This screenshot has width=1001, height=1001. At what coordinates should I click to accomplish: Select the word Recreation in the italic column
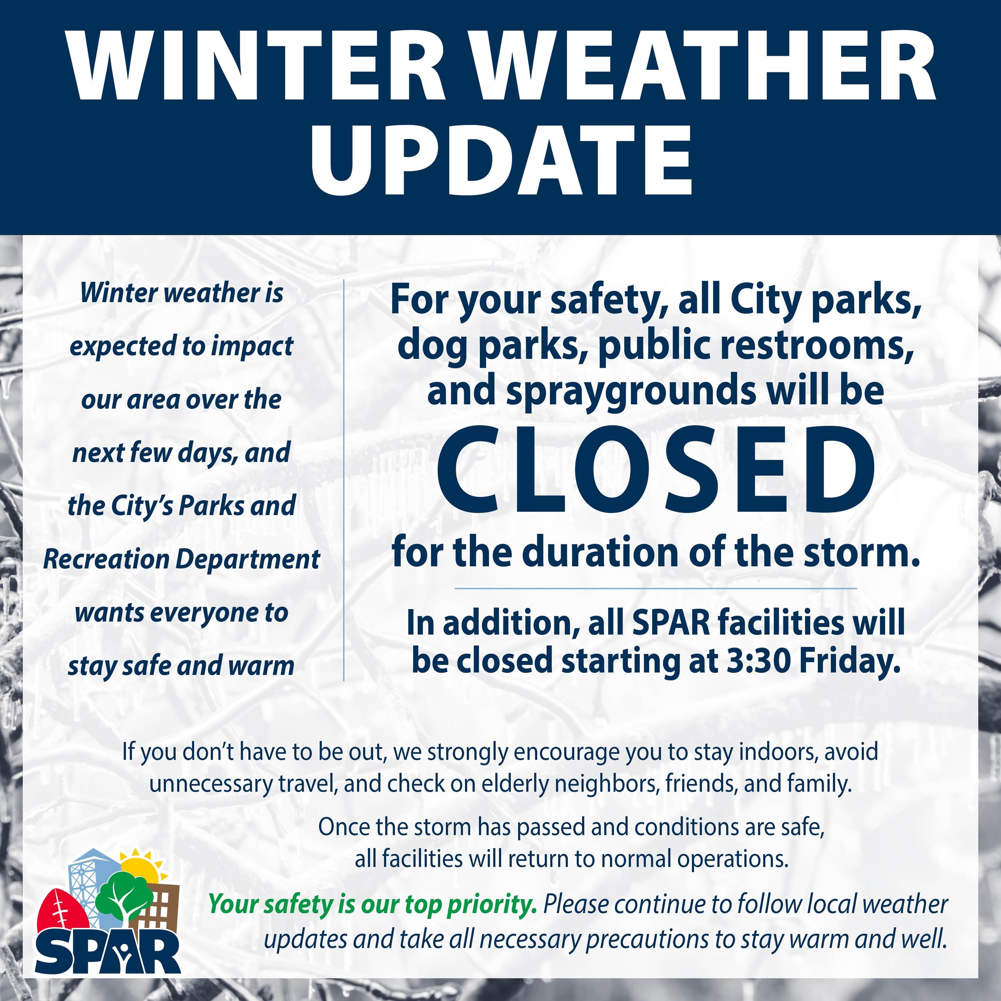[106, 559]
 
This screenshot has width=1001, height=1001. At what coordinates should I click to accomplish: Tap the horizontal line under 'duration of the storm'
[655, 589]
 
